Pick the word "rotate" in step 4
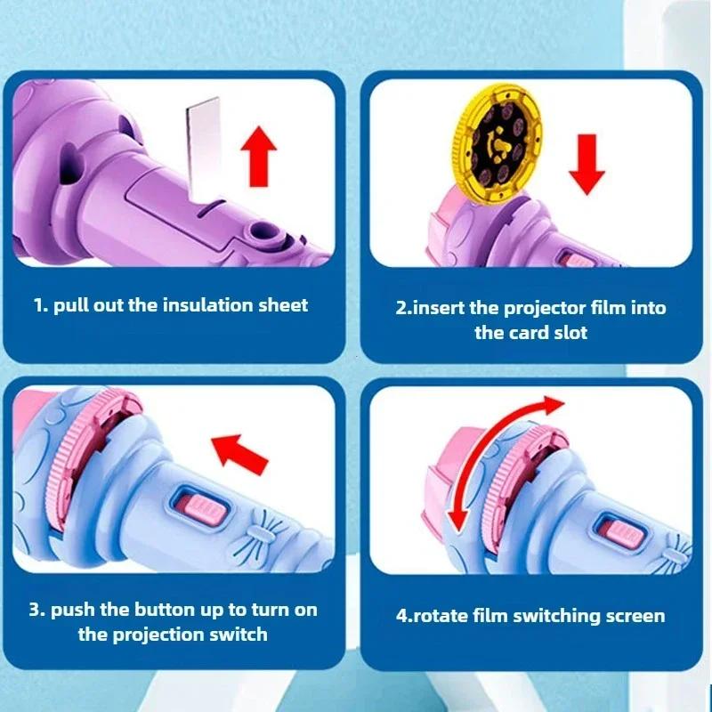(x=443, y=615)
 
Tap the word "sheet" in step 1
(x=281, y=305)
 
